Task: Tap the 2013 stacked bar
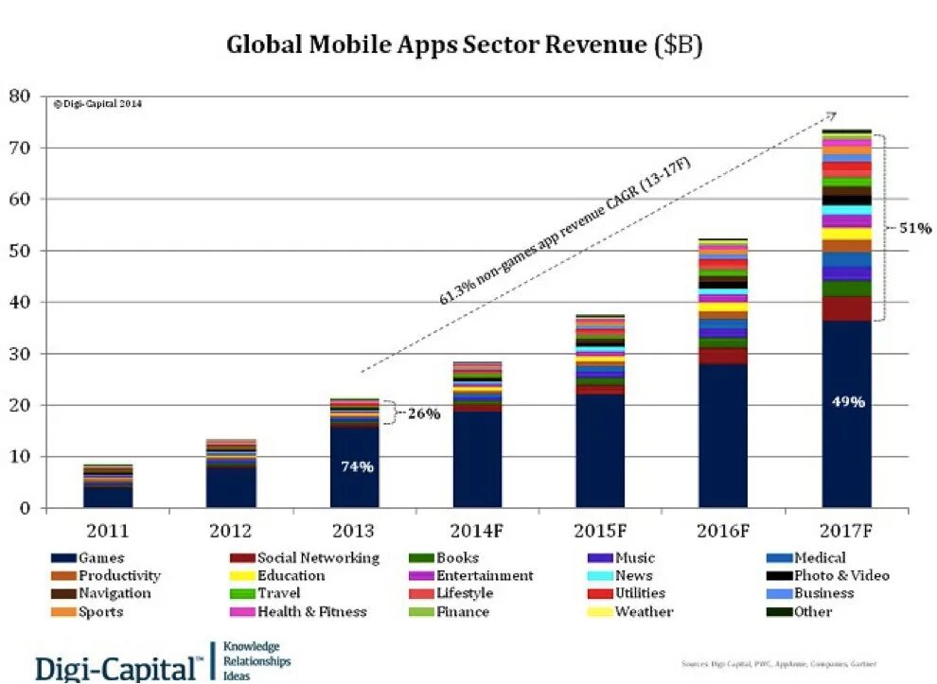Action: point(354,454)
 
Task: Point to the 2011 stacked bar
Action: point(108,487)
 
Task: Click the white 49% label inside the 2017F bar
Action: point(847,401)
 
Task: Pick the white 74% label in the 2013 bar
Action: point(355,466)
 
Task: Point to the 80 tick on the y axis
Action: point(20,96)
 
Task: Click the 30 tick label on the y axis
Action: point(20,354)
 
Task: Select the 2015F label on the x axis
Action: point(600,531)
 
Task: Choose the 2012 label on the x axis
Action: point(231,531)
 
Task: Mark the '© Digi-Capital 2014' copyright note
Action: point(97,104)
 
